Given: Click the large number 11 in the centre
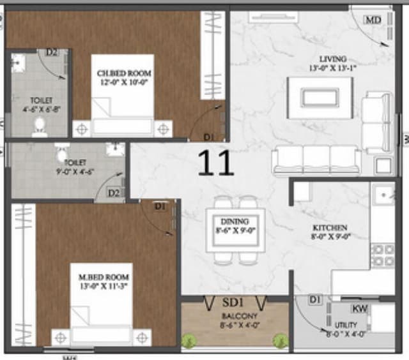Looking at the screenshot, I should (215, 163).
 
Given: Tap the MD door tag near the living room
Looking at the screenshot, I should (373, 20).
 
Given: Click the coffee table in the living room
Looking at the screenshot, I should (320, 98).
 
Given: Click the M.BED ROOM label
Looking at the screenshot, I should (104, 277).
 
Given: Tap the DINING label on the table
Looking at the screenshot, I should (235, 221).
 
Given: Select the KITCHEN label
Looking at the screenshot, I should (330, 227).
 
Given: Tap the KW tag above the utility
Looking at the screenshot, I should (359, 309).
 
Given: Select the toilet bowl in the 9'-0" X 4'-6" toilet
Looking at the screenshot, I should (62, 154).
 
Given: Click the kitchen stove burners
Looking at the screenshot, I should (383, 255).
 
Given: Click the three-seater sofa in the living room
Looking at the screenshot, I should (316, 160).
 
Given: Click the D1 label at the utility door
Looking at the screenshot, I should (314, 299).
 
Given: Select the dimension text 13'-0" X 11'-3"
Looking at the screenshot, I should (104, 286).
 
